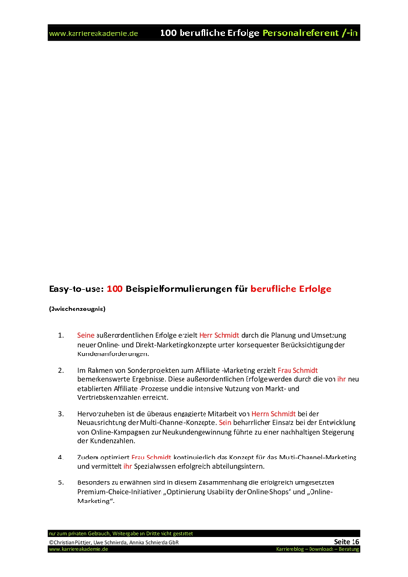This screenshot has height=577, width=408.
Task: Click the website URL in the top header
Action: click(x=94, y=33)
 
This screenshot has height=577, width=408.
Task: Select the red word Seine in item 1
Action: click(x=86, y=336)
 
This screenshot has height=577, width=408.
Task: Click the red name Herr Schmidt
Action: click(x=219, y=336)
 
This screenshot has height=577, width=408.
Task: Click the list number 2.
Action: click(x=61, y=368)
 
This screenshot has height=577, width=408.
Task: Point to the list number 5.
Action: click(x=61, y=485)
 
